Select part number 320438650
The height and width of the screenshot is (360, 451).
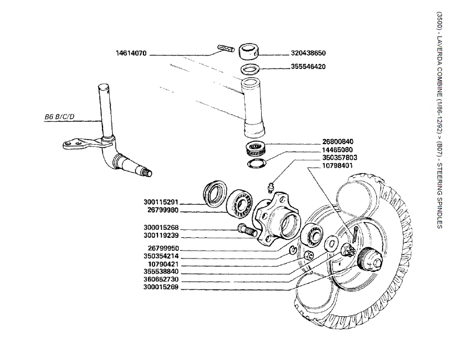tap(308, 54)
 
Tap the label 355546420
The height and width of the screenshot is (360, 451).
tap(308, 67)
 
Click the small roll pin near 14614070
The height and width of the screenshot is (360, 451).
tap(225, 49)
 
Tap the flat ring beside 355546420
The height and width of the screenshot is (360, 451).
tap(250, 70)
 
